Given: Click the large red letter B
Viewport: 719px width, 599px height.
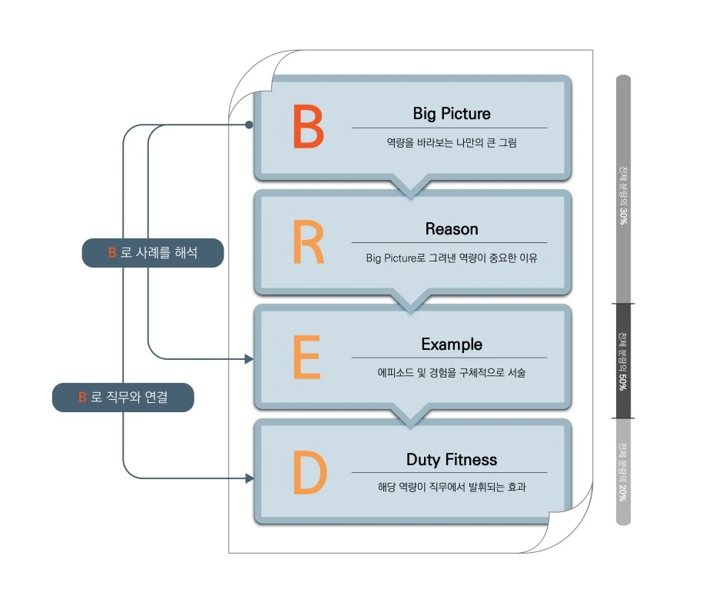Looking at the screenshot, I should (x=309, y=128).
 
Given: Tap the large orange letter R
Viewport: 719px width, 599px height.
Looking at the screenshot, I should (x=308, y=243).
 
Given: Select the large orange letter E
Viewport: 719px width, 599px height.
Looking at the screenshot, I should (x=306, y=358).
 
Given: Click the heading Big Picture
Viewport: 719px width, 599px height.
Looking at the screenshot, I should (x=451, y=114).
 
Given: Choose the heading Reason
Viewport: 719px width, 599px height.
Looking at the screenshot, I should (x=451, y=229).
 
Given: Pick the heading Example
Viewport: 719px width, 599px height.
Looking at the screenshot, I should (x=451, y=344).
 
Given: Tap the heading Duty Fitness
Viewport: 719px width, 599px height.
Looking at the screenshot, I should (x=451, y=460).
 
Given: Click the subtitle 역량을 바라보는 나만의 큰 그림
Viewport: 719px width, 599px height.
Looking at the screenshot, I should (x=451, y=142).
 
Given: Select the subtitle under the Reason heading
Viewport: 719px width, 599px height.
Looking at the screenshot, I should (x=451, y=258).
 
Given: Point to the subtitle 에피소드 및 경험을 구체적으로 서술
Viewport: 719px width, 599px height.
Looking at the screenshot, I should (x=451, y=373).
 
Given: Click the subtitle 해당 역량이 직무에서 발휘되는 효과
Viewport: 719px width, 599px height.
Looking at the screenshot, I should (x=451, y=488).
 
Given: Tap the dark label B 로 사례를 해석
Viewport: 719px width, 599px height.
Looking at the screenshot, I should (x=152, y=252).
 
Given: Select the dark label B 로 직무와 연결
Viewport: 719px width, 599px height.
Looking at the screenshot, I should (x=123, y=398).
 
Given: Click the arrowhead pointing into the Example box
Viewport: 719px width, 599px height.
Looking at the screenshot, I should (x=248, y=358).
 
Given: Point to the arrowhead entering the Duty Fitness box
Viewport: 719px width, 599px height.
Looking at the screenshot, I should (x=248, y=478).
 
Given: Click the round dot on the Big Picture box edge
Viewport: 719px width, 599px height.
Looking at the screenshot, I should (x=249, y=125).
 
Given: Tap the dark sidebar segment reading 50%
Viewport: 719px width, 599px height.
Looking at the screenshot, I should (x=623, y=361).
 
